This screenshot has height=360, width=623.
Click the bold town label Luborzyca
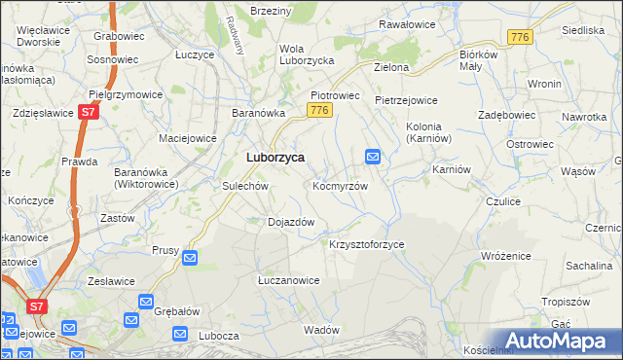[x=275, y=157]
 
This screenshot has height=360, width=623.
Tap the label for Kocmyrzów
[x=340, y=185]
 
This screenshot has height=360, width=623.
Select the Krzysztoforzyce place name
[x=366, y=244]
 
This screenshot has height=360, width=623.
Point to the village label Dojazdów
[x=290, y=222]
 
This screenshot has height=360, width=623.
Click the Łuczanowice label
[x=288, y=280]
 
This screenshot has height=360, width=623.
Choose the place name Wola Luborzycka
[x=307, y=54]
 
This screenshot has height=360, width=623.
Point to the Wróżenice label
[x=505, y=255]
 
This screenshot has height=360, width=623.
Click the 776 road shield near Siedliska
[x=518, y=36]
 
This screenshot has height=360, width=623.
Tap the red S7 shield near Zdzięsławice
[x=89, y=113]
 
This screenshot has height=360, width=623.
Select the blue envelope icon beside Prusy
[x=190, y=258]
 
